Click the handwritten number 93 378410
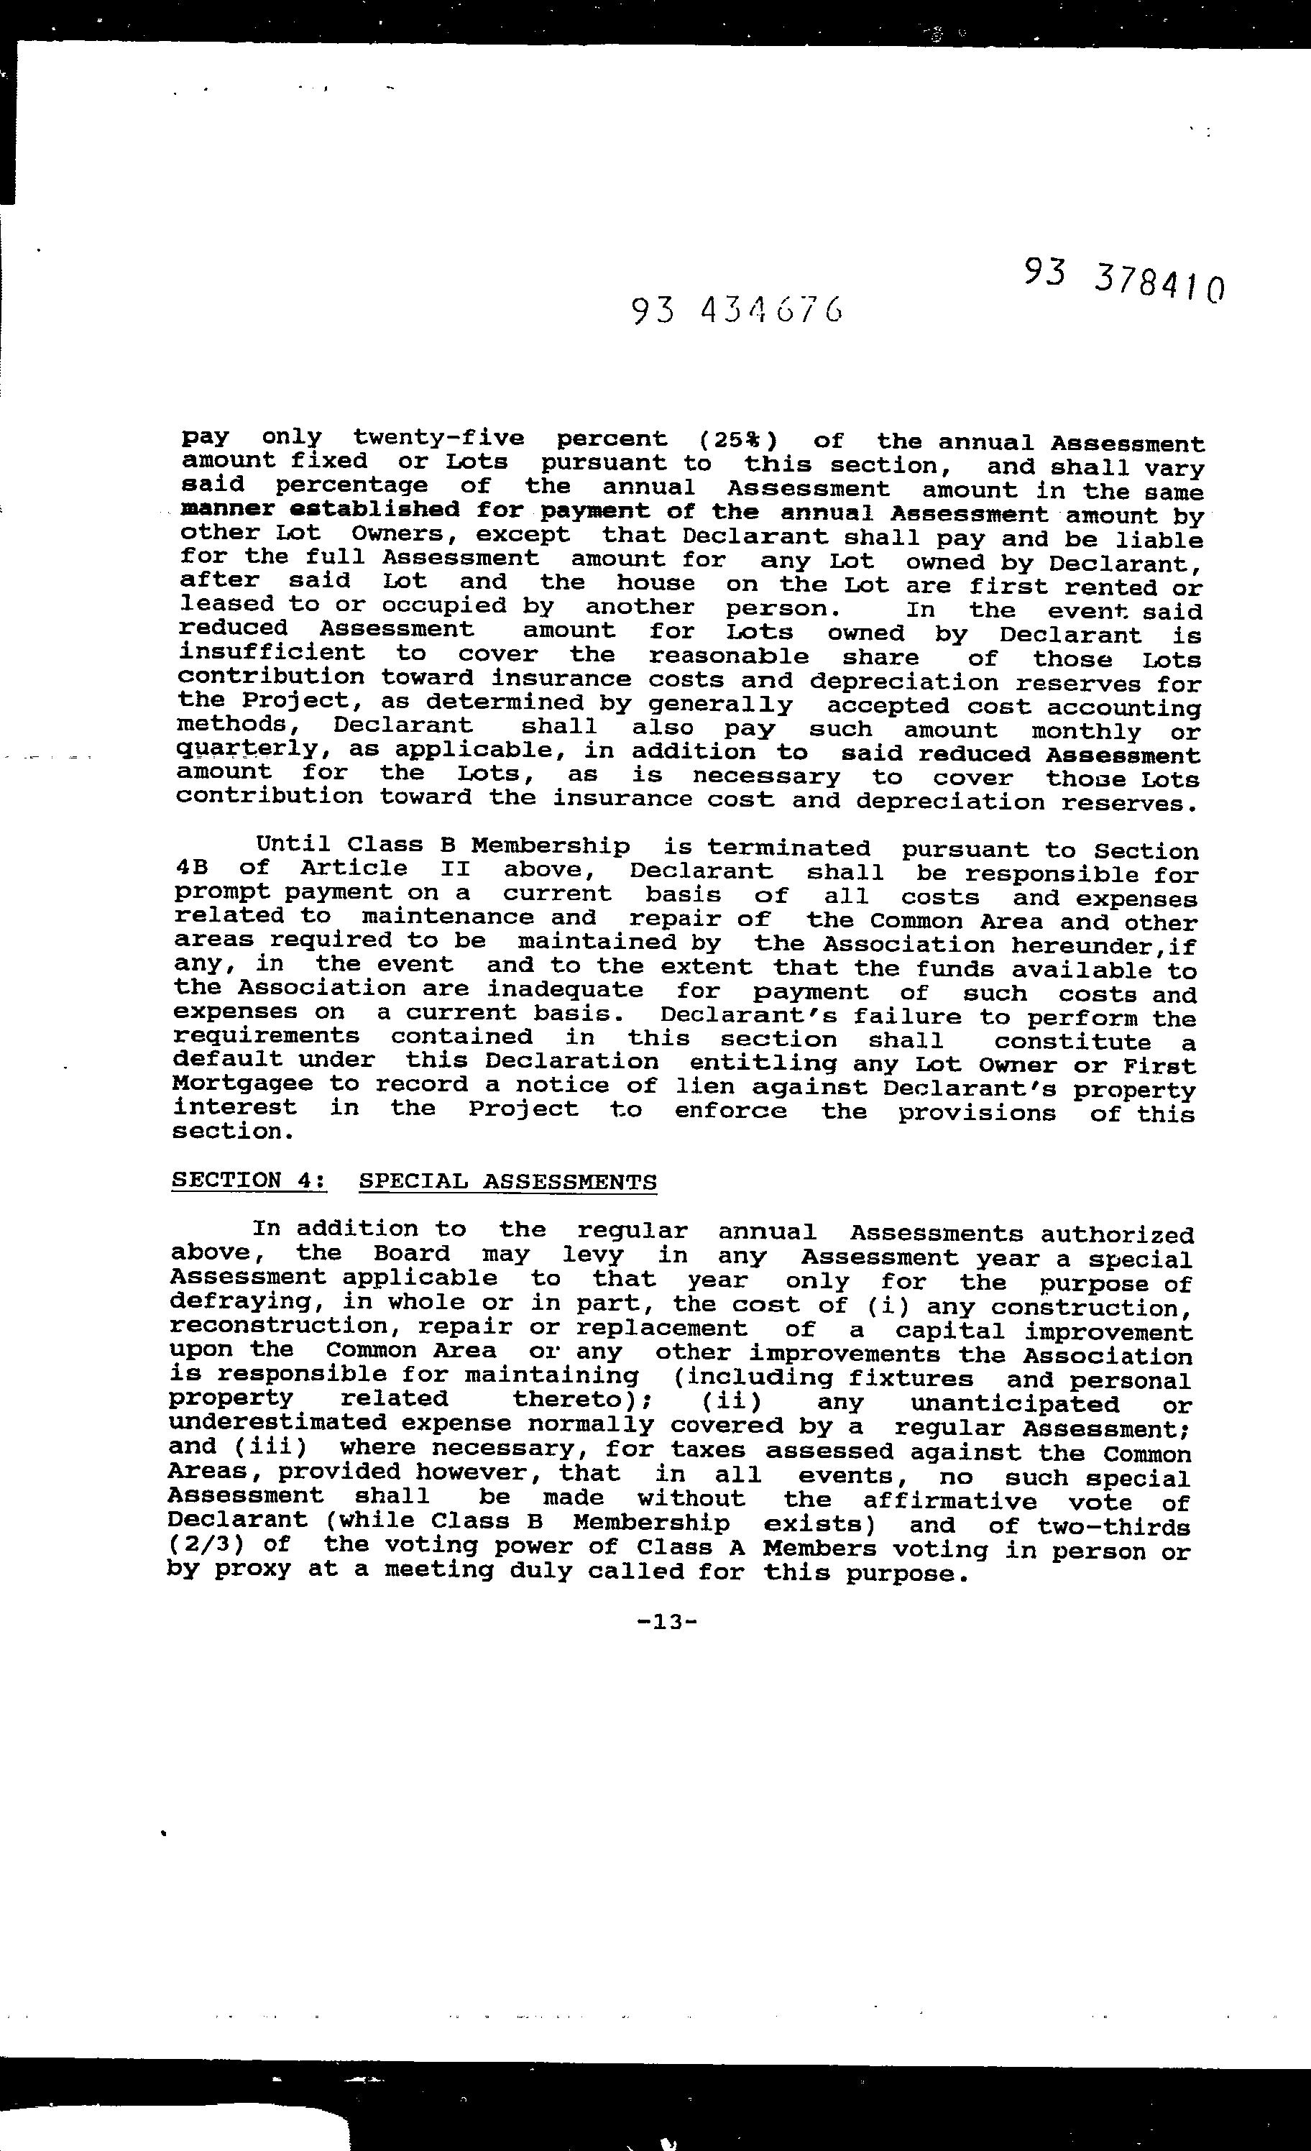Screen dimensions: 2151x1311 1123,280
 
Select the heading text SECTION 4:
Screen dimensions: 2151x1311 249,1180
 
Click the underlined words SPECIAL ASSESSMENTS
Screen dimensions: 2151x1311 507,1182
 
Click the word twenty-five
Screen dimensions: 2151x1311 438,437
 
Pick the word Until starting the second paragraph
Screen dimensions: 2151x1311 293,844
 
